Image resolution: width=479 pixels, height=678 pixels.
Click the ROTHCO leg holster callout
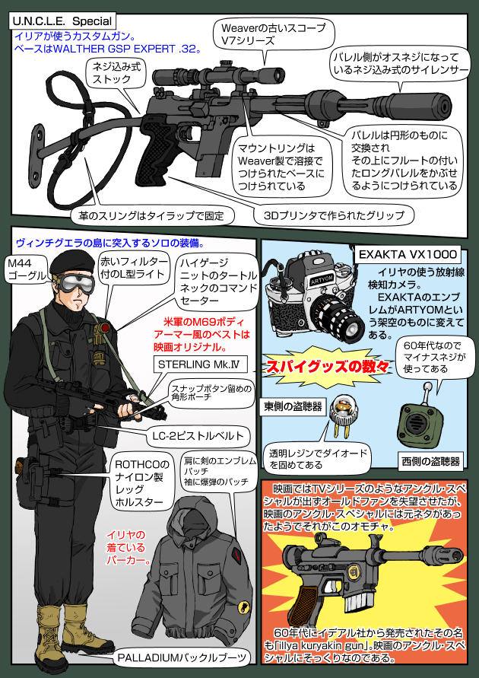pos(141,482)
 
